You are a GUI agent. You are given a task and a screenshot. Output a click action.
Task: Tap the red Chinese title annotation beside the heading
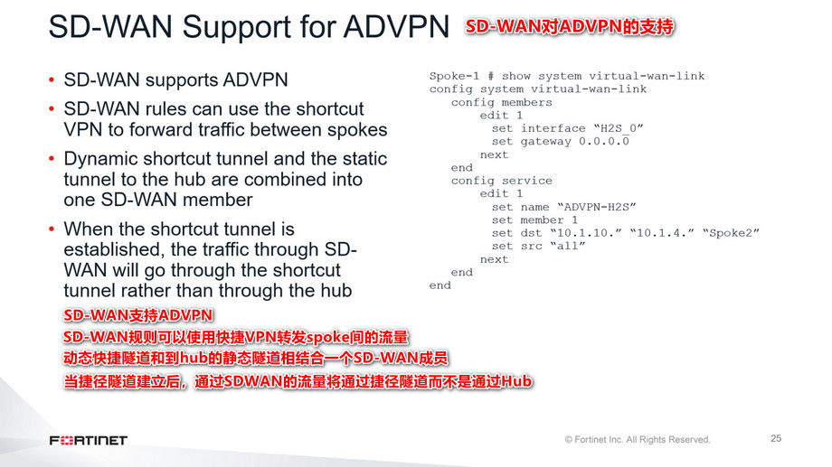pos(570,27)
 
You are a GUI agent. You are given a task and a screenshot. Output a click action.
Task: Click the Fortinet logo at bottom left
pos(89,440)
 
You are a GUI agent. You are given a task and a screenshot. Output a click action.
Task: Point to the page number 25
pos(776,439)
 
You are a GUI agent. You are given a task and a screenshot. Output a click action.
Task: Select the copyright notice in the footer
pos(638,440)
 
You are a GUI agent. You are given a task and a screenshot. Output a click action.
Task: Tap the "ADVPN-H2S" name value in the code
pos(601,207)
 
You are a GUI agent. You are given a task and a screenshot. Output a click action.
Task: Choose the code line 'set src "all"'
pos(538,246)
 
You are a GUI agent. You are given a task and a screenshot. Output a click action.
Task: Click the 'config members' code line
pos(501,102)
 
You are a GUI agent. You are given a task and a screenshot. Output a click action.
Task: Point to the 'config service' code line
pos(501,181)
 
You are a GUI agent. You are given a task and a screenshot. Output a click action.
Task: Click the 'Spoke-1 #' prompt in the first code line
pos(461,76)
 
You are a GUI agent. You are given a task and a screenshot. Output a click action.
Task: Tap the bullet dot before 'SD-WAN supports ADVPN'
pos(52,80)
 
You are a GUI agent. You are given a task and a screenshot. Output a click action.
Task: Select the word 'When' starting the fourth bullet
pos(88,229)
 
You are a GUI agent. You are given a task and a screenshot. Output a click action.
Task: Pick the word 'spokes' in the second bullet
pos(359,129)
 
